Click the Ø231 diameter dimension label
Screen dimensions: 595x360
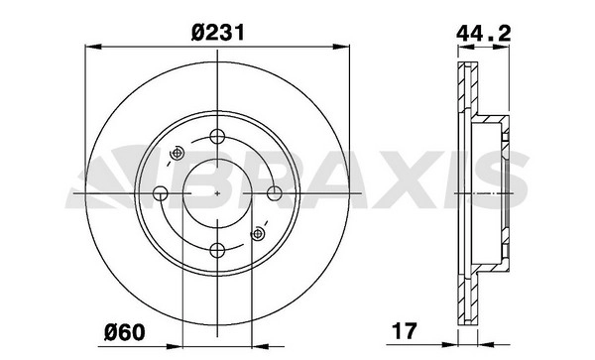click(x=218, y=33)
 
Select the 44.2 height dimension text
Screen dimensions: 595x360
click(x=483, y=34)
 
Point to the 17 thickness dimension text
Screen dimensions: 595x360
click(x=405, y=331)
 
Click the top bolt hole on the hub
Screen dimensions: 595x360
click(x=217, y=136)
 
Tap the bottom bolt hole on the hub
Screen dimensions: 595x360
click(x=217, y=250)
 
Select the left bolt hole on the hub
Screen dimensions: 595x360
click(x=160, y=193)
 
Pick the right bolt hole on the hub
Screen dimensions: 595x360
click(x=275, y=193)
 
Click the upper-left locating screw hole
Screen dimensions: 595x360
click(x=177, y=154)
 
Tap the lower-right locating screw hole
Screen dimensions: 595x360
click(x=258, y=233)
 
